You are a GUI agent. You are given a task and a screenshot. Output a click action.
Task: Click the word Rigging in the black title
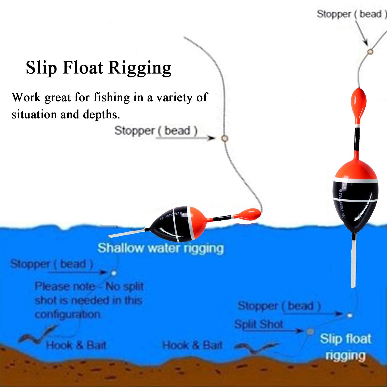point(140,68)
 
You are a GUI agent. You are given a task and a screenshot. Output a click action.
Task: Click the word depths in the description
point(101,114)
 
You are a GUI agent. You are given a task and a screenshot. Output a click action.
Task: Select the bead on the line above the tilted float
point(224,138)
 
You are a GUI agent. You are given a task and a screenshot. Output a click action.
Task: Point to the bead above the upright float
point(370,52)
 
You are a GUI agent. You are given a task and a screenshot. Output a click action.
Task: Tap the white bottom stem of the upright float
point(353,261)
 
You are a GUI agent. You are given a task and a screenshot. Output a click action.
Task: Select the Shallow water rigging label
point(160,248)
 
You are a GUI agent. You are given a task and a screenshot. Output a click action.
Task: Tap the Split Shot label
point(259,324)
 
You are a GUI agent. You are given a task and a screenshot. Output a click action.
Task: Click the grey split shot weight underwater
point(310,331)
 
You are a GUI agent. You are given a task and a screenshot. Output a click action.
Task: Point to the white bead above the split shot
point(350,315)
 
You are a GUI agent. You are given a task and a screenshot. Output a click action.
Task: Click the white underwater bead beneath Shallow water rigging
point(114,273)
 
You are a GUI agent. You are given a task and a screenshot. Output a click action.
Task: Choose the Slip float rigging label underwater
point(346,347)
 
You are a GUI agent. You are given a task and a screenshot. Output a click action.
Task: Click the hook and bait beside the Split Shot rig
point(255,348)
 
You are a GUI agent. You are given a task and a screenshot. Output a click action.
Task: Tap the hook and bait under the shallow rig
point(36,335)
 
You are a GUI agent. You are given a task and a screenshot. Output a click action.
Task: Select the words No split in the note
point(125,286)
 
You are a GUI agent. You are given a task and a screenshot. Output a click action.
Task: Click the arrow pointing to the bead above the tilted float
point(186,138)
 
